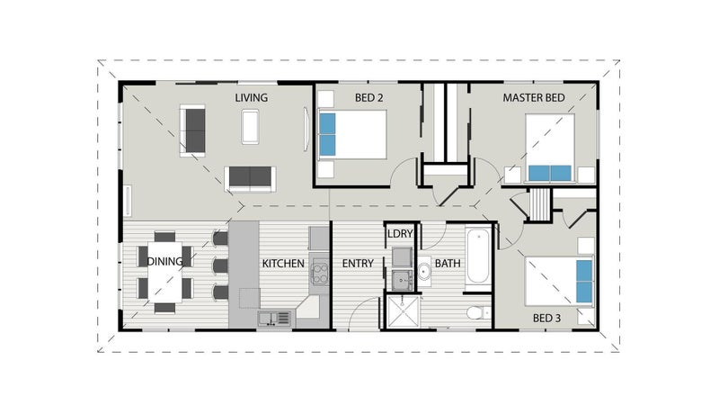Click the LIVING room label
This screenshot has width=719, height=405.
(252, 98)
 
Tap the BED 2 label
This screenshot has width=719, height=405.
(368, 98)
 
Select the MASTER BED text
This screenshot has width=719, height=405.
(534, 98)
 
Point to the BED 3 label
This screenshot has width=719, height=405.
(546, 318)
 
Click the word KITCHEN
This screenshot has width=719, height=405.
(283, 264)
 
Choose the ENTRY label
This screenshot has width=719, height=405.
(358, 264)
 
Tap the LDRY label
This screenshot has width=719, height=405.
(400, 234)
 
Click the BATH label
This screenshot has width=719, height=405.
(448, 264)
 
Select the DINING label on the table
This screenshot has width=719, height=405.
(164, 261)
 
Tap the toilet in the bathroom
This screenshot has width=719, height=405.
(479, 313)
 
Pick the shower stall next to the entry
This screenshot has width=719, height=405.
(403, 311)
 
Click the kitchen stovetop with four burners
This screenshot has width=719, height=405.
(320, 272)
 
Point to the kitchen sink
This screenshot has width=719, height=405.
(274, 319)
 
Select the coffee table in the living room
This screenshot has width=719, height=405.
(250, 127)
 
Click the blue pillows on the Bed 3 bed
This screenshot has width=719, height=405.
(583, 282)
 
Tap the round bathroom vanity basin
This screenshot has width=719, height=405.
(423, 272)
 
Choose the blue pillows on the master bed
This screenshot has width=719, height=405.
(550, 174)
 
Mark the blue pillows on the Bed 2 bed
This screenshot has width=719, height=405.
(327, 134)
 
